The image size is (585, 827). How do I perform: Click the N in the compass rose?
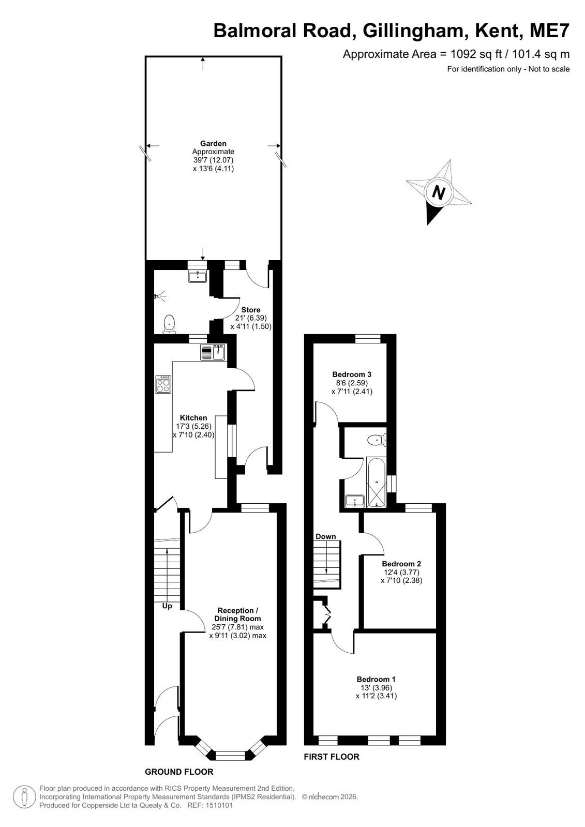pos(439,193)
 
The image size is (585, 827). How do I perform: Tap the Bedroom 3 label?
pos(352,374)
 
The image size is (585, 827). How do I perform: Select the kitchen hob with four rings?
pos(163,384)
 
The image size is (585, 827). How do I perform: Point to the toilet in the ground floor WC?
pos(169,324)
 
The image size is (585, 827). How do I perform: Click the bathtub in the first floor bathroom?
pos(376,483)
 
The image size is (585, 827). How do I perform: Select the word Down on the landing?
pos(326,536)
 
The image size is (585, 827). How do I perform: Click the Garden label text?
pos(213,144)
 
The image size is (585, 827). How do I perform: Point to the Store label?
pos(251,310)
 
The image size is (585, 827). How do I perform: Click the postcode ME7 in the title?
pos(549,31)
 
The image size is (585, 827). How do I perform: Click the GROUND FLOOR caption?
pos(179,772)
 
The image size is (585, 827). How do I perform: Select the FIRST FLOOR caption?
pos(332,757)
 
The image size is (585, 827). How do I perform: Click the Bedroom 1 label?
pos(376,679)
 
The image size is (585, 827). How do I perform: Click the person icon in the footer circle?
pos(24,797)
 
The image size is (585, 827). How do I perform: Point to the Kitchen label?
pos(193,418)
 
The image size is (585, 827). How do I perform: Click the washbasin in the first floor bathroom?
pos(355,501)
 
